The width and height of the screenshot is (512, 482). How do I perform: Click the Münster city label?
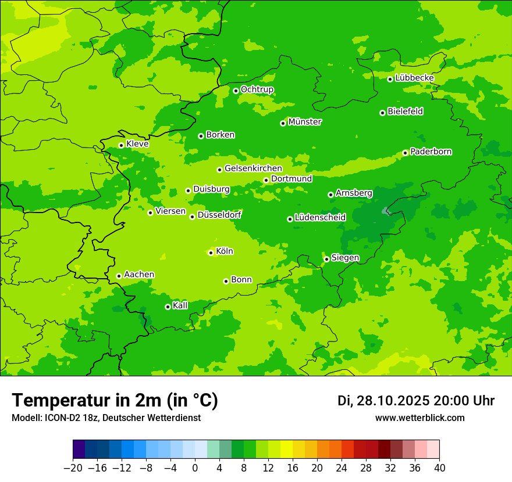pyautogui.click(x=305, y=122)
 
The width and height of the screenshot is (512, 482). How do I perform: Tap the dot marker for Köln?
pyautogui.click(x=211, y=253)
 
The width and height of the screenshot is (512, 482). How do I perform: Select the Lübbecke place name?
pyautogui.click(x=414, y=78)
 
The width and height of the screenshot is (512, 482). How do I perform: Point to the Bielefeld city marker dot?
pyautogui.click(x=382, y=113)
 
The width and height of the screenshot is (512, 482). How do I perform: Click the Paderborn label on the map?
pyautogui.click(x=431, y=152)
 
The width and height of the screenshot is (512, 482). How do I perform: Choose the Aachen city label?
pyautogui.click(x=139, y=275)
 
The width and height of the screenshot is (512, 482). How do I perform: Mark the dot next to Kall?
pyautogui.click(x=168, y=307)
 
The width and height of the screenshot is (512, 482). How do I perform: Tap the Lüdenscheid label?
pyautogui.click(x=320, y=218)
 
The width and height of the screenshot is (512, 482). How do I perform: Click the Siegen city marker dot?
pyautogui.click(x=326, y=259)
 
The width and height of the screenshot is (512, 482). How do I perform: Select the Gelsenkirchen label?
pyautogui.click(x=253, y=168)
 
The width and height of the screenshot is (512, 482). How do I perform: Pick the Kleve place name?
pyautogui.click(x=137, y=144)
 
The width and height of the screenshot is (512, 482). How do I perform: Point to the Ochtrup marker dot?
pyautogui.click(x=236, y=91)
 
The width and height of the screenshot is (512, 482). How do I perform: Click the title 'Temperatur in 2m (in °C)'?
pyautogui.click(x=115, y=401)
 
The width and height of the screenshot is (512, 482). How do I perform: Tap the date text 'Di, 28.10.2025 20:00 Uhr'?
pyautogui.click(x=416, y=401)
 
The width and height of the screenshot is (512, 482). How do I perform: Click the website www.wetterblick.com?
pyautogui.click(x=419, y=418)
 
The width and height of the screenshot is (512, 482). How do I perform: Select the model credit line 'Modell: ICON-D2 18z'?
pyautogui.click(x=106, y=418)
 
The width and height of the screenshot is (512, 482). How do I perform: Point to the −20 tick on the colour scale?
pyautogui.click(x=73, y=468)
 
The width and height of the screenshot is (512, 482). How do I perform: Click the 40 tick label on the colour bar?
pyautogui.click(x=439, y=468)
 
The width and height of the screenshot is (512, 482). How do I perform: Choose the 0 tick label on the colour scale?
pyautogui.click(x=195, y=468)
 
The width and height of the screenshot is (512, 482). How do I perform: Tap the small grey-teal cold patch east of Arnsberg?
pyautogui.click(x=385, y=211)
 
